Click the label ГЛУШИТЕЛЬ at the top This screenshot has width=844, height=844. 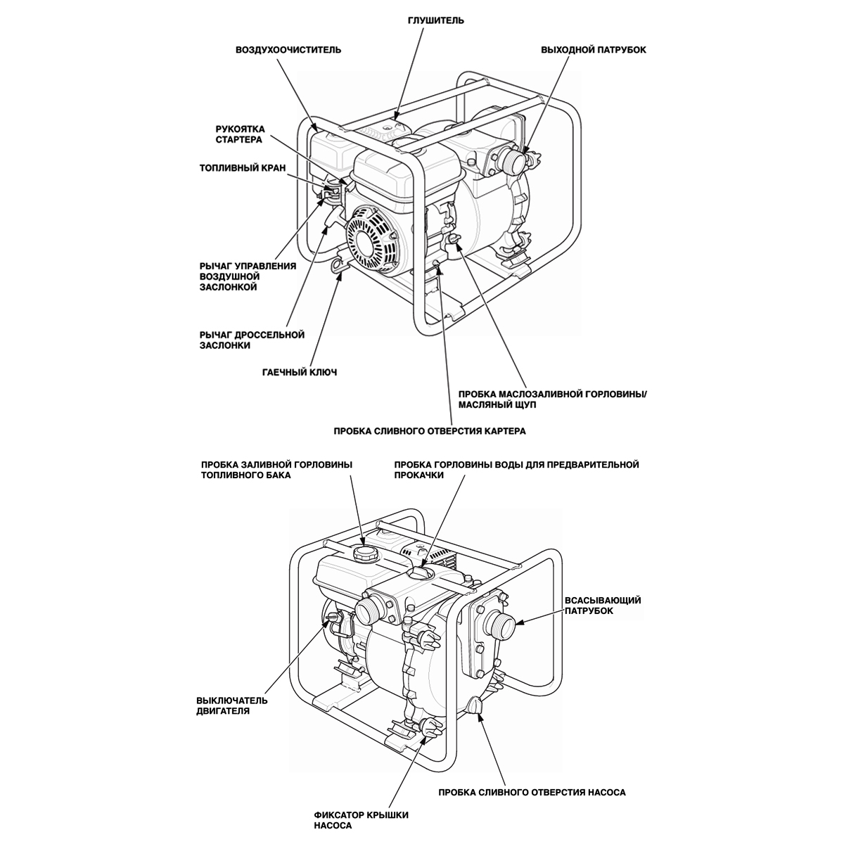tap(436, 20)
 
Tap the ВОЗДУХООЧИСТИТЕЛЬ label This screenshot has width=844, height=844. tap(288, 50)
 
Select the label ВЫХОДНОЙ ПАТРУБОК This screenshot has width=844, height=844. tap(594, 50)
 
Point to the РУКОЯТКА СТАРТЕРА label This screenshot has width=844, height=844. tap(239, 134)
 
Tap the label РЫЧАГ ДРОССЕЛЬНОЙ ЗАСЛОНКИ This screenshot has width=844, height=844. tap(252, 340)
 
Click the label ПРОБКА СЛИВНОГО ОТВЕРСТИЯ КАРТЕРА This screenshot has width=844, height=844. tap(430, 430)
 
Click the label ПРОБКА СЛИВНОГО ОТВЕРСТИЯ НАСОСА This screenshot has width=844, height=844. tap(532, 792)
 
